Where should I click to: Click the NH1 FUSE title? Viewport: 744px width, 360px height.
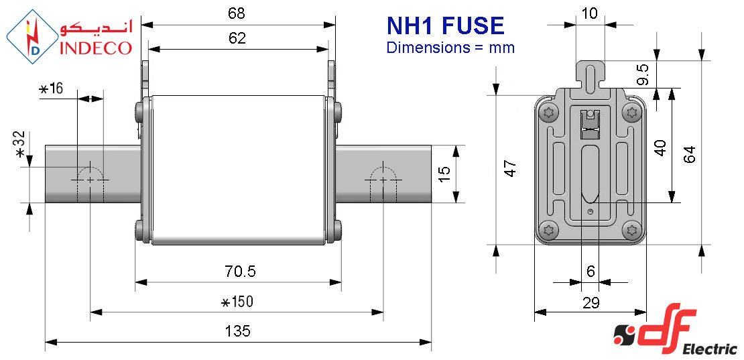[445, 25]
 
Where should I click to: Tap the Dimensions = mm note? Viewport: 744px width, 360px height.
[450, 48]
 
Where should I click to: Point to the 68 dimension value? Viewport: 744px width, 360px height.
[237, 13]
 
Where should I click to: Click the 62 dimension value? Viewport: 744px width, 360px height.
[237, 38]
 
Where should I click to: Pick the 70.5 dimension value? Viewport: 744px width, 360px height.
[239, 272]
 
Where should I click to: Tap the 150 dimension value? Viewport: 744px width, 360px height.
[238, 302]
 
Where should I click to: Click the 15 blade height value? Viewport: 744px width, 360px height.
[444, 174]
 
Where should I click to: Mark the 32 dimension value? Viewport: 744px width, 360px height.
[20, 144]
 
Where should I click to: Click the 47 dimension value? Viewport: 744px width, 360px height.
[510, 169]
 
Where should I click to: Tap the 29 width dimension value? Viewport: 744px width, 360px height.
[591, 302]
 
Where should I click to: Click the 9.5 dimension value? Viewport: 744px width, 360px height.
[643, 74]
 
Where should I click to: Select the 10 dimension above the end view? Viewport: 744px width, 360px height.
[589, 13]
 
